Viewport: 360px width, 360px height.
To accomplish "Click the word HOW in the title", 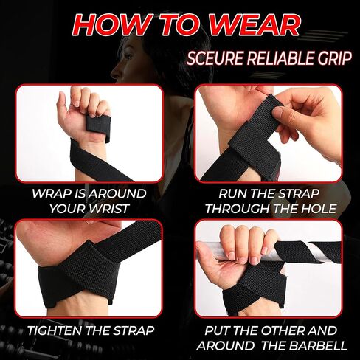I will [109, 24].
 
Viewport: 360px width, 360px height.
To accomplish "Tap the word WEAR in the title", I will [255, 24].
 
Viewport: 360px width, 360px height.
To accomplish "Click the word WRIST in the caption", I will [117, 208].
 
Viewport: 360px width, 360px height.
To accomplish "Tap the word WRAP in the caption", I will [52, 193].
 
